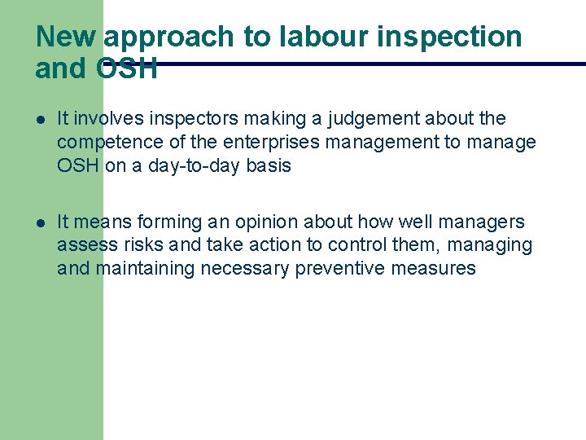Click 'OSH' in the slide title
click(126, 69)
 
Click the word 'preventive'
click(338, 268)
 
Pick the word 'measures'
click(433, 268)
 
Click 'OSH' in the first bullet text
click(78, 165)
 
